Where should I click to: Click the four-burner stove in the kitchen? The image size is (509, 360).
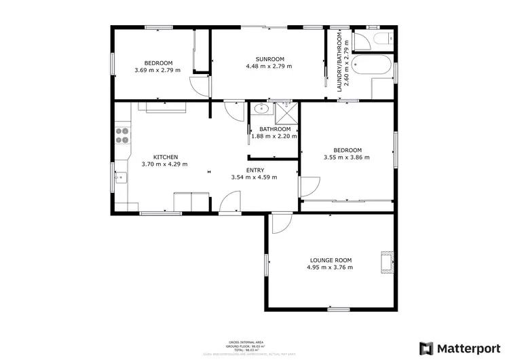click(x=123, y=136)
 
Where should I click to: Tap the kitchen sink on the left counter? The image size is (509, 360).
click(x=120, y=178)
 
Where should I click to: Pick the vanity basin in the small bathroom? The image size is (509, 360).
click(x=261, y=108)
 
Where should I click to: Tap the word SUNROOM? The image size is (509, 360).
click(x=269, y=59)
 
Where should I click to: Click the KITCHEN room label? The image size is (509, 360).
click(x=165, y=157)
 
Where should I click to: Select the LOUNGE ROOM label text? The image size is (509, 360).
click(x=331, y=260)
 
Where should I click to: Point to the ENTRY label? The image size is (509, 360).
click(x=254, y=170)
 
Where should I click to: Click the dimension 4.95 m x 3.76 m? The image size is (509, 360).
click(x=331, y=268)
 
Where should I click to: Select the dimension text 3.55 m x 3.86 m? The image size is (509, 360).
click(x=347, y=158)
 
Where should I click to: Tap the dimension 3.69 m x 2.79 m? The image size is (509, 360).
click(x=157, y=70)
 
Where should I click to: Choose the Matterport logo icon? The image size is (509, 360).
click(x=426, y=347)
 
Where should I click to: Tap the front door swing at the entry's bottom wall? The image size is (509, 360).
click(x=229, y=202)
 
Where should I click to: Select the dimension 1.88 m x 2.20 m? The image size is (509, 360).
click(x=275, y=136)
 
